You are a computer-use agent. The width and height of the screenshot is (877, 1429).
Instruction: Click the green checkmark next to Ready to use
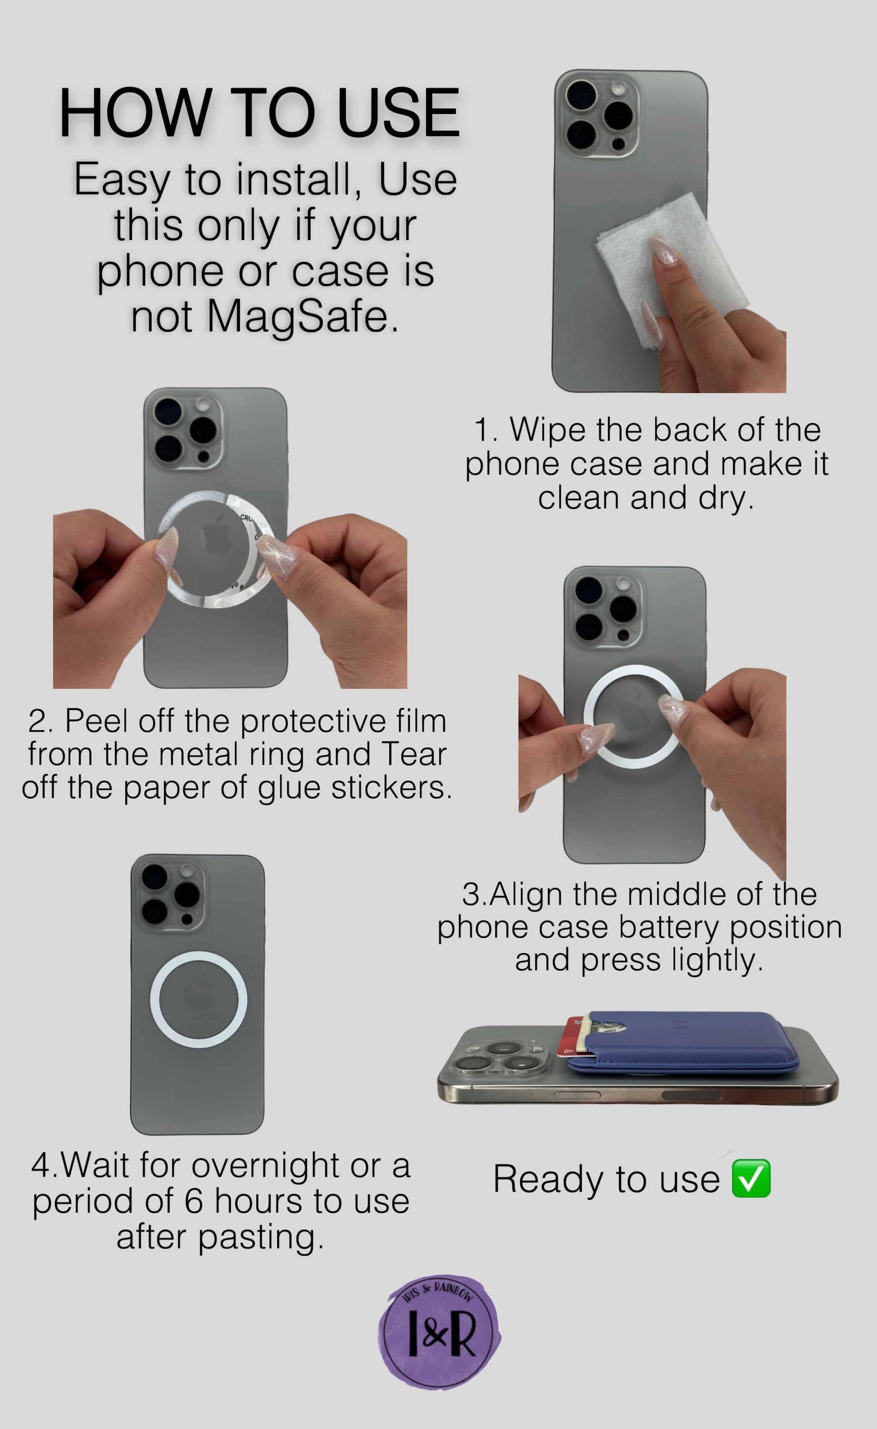(751, 1179)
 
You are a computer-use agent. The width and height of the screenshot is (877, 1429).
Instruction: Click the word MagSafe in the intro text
(303, 317)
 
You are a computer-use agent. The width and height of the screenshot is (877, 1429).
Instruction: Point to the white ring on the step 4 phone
(198, 952)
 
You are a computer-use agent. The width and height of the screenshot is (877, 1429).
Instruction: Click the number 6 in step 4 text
(194, 1201)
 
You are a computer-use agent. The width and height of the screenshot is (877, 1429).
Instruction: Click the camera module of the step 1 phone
(598, 114)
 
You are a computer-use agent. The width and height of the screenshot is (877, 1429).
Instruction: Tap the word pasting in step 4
(260, 1238)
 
